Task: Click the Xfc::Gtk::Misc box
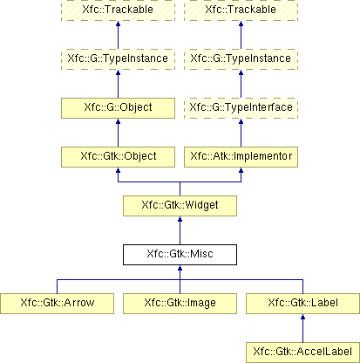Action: click(180, 255)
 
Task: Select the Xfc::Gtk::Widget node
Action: click(180, 206)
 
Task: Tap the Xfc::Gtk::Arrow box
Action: click(57, 304)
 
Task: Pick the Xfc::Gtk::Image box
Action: click(180, 304)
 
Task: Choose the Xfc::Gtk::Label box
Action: click(302, 304)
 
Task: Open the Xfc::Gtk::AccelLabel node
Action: click(302, 353)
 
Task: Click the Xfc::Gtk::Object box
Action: click(118, 157)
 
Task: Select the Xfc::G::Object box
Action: click(118, 108)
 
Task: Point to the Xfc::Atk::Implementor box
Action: click(241, 157)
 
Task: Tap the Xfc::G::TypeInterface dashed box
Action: click(241, 108)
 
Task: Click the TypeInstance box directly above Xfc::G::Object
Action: click(118, 59)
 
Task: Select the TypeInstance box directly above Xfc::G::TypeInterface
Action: click(241, 59)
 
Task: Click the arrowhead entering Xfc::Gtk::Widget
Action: click(180, 219)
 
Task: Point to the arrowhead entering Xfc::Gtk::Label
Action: click(302, 317)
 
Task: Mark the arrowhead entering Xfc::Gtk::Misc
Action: click(180, 268)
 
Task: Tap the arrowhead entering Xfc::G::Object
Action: click(118, 121)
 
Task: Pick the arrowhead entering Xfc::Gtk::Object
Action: click(118, 170)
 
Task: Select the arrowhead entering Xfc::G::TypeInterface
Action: click(241, 121)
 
